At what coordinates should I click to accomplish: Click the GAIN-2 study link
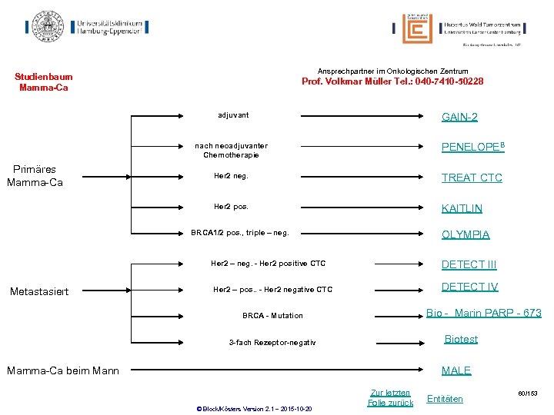459,117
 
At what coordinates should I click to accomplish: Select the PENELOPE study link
472,147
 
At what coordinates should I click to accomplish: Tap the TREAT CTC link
472,178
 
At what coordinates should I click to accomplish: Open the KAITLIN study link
462,208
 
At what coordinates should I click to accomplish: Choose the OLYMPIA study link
466,234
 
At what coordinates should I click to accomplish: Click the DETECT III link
469,265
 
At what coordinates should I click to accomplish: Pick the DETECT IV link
469,287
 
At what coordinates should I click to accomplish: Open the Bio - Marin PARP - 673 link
484,313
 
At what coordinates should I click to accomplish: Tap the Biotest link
461,339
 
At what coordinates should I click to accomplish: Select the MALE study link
456,370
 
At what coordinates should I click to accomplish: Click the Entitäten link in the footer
445,399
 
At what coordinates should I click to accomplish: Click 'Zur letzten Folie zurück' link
390,397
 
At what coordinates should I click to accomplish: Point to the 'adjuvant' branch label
233,115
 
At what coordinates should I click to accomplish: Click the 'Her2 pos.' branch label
231,206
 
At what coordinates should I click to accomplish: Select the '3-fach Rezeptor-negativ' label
272,342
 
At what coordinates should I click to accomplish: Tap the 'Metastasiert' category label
38,291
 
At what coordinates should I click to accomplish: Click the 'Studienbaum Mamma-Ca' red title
44,81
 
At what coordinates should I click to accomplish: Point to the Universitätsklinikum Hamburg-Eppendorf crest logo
48,27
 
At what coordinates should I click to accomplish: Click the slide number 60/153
527,393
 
